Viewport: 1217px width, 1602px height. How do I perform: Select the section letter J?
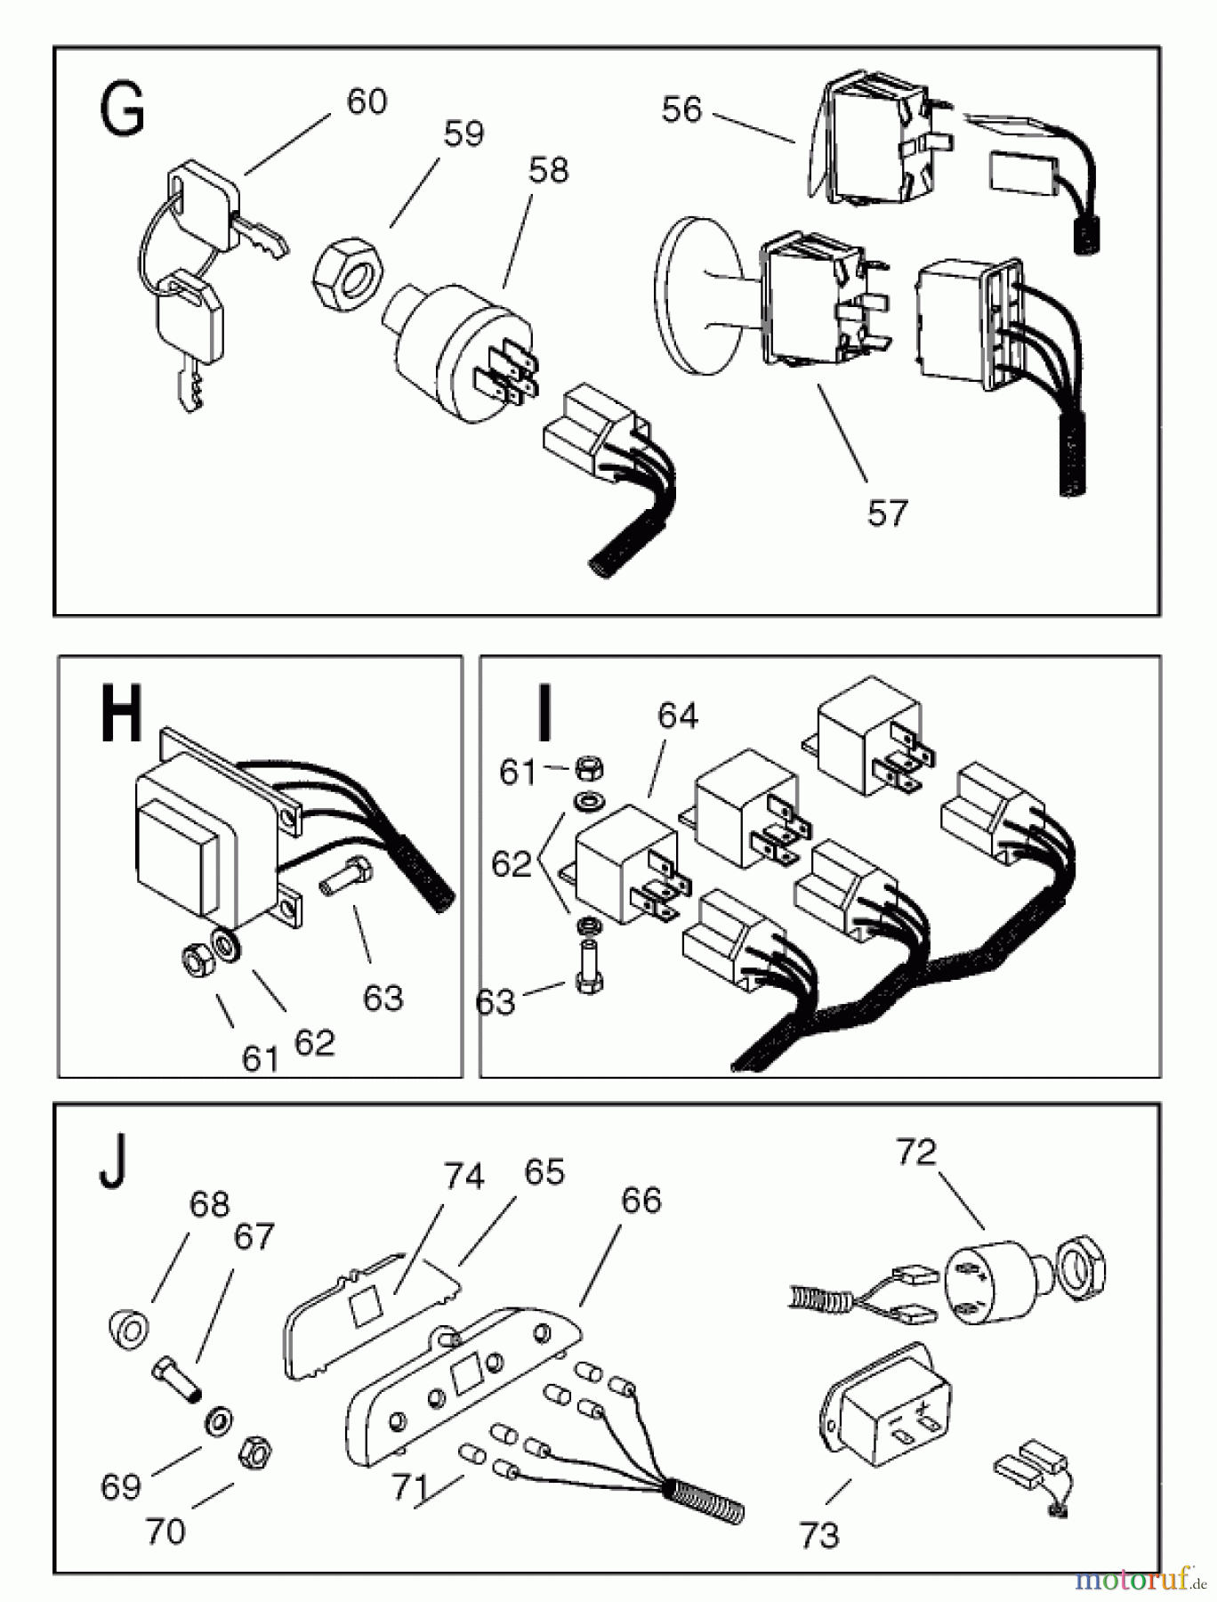[x=112, y=1165]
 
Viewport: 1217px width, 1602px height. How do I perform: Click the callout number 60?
[x=367, y=101]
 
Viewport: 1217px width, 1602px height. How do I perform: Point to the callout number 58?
[x=547, y=170]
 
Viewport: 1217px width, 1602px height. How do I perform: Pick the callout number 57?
[x=887, y=514]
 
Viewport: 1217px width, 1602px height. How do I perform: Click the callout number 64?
[x=678, y=716]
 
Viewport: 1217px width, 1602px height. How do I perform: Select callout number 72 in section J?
[x=916, y=1152]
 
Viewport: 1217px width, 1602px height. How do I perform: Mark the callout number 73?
[x=818, y=1535]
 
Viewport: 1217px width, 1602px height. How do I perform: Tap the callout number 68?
[x=209, y=1204]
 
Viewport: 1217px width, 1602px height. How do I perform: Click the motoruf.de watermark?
[x=1141, y=1578]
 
